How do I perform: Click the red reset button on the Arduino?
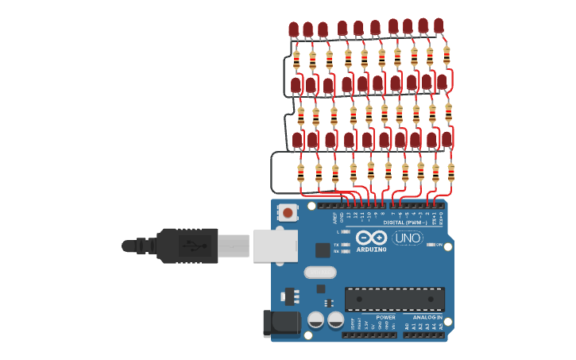(287, 212)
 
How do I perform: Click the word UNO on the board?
(408, 238)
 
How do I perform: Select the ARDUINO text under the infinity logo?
(372, 250)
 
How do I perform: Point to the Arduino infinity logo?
(371, 238)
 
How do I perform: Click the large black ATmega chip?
(394, 300)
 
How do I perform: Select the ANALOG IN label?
(427, 317)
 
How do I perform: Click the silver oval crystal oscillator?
(319, 273)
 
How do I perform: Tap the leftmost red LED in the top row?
(293, 30)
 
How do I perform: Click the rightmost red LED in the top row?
(439, 26)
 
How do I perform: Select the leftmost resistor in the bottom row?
(300, 172)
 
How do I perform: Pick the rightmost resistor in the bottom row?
(450, 172)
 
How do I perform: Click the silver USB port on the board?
(275, 246)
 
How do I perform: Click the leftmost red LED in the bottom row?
(297, 141)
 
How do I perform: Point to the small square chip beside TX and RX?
(323, 250)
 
